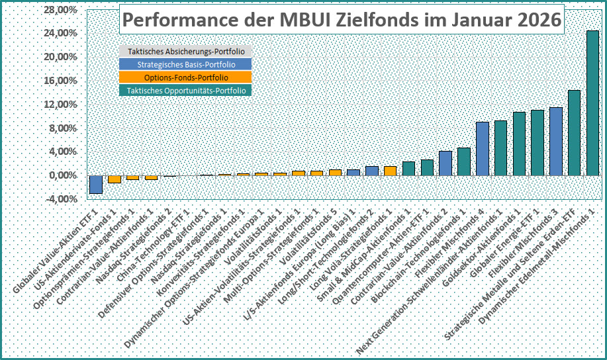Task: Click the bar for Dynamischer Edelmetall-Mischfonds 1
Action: [x=592, y=103]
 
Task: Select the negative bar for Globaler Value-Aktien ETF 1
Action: [x=96, y=184]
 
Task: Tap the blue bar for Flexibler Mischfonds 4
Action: [x=483, y=149]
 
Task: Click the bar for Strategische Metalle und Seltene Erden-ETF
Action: [x=574, y=132]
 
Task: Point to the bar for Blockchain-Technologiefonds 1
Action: [x=464, y=161]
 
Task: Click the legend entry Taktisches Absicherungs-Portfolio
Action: [x=186, y=52]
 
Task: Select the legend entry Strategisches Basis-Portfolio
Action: [x=186, y=65]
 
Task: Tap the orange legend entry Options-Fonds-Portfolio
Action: [x=186, y=77]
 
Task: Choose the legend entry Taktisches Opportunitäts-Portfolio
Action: [x=186, y=91]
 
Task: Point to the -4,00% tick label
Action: [x=58, y=199]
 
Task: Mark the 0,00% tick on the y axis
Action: [x=60, y=175]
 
